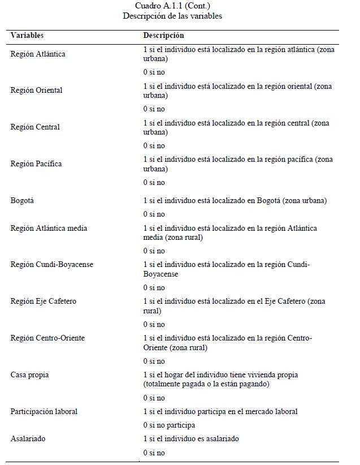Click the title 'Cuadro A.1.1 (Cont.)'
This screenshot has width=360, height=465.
pyautogui.click(x=172, y=6)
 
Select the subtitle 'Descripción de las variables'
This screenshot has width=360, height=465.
pyautogui.click(x=172, y=16)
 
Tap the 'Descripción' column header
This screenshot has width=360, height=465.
pyautogui.click(x=163, y=35)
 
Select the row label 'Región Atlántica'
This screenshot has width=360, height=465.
pyautogui.click(x=38, y=54)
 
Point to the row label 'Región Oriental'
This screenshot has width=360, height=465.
pyautogui.click(x=36, y=91)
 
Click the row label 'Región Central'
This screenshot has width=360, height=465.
pyautogui.click(x=35, y=127)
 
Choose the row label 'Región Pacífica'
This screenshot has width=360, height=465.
pyautogui.click(x=36, y=164)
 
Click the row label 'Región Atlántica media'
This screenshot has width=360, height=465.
pyautogui.click(x=49, y=228)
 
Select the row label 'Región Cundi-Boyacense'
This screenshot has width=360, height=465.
pyautogui.click(x=52, y=265)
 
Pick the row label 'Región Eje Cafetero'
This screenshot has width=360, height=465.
pyautogui.click(x=44, y=302)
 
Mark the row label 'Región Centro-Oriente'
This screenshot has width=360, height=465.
pyautogui.click(x=47, y=338)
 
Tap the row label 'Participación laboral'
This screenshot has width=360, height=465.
pyautogui.click(x=44, y=411)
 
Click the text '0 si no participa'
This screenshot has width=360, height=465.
pyautogui.click(x=169, y=425)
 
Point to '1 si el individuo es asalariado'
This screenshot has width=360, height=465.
pyautogui.click(x=190, y=439)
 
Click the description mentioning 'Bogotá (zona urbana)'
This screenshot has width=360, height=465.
pyautogui.click(x=235, y=200)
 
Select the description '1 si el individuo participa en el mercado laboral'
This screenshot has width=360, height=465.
pyautogui.click(x=220, y=411)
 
